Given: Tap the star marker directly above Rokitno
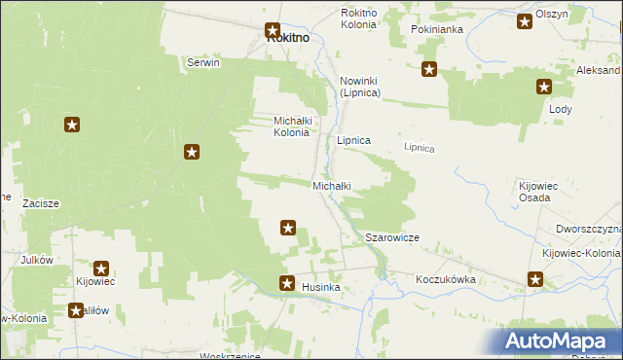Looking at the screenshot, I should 273,31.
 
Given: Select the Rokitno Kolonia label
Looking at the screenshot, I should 357,18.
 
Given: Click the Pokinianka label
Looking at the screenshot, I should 436,30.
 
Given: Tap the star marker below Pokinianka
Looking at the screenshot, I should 428,69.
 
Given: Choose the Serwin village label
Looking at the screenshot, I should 203,62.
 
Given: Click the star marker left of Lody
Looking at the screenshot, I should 543,88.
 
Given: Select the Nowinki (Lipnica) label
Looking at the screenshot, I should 359,87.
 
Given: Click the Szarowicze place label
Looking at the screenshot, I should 391,237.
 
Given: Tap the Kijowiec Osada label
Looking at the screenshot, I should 534,191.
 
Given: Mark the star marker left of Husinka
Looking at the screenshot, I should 287,284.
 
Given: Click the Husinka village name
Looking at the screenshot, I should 320,288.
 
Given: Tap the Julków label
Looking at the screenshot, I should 37,261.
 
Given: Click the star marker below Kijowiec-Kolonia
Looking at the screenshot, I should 535,280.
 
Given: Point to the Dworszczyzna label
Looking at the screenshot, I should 588,229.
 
